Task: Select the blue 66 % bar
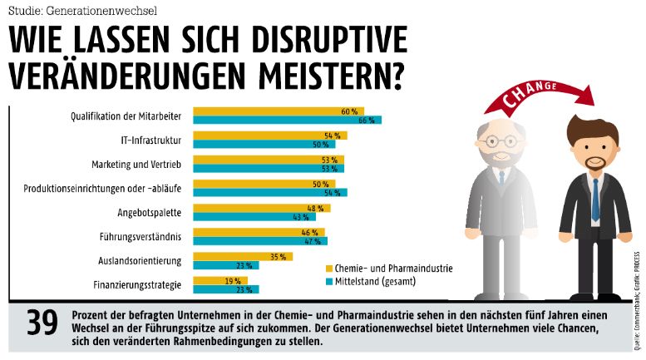[x=287, y=121]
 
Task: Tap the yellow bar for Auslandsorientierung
[x=243, y=256]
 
